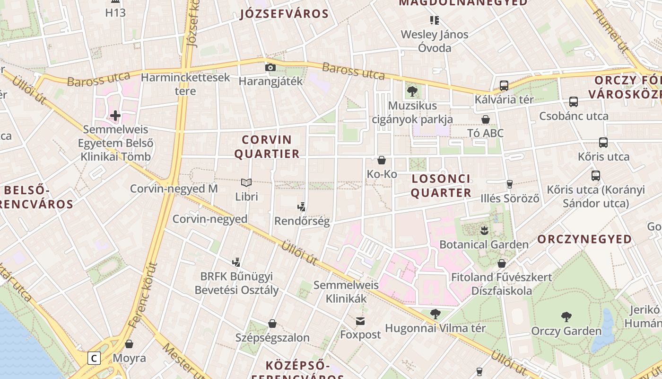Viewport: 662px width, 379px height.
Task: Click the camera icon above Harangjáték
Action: [270, 68]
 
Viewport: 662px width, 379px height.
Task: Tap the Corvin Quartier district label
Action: [267, 147]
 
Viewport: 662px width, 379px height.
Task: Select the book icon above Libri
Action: [246, 182]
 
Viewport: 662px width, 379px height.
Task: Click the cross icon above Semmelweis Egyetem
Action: [115, 115]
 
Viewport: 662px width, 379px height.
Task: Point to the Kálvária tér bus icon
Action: [504, 86]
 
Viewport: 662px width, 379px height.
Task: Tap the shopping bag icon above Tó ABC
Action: [486, 119]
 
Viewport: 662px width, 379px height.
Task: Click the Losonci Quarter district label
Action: [441, 186]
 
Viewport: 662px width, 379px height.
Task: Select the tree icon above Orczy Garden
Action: [566, 317]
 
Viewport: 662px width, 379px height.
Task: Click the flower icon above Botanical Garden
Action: [484, 231]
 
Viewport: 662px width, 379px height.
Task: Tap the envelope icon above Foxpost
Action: [361, 321]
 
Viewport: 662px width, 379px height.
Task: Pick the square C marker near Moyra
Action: [94, 358]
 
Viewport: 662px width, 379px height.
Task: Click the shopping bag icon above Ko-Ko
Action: [382, 160]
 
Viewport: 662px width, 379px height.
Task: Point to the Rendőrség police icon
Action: [302, 207]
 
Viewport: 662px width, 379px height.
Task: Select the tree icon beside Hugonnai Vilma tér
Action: [435, 314]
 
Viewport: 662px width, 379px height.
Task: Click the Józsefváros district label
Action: [284, 14]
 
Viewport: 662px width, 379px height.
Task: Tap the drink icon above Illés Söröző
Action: [510, 184]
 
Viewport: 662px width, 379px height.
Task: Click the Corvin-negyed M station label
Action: [174, 189]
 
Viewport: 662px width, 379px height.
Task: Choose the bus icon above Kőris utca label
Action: [603, 143]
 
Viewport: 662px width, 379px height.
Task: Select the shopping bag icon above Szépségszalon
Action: [272, 324]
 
